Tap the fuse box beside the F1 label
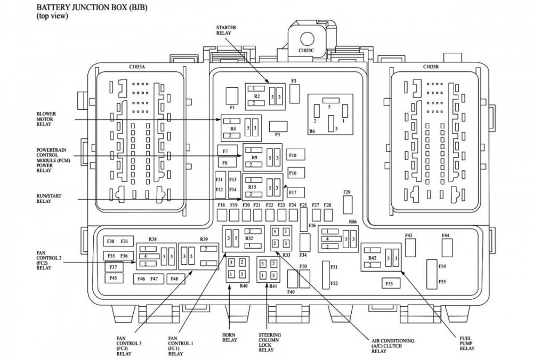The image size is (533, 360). pyautogui.click(x=232, y=95)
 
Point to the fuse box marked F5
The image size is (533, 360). pyautogui.click(x=277, y=126)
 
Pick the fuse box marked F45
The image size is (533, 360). pyautogui.click(x=114, y=278)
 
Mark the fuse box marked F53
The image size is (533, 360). pyautogui.click(x=390, y=283)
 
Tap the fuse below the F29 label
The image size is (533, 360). pyautogui.click(x=348, y=204)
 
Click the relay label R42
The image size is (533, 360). pyautogui.click(x=373, y=258)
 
